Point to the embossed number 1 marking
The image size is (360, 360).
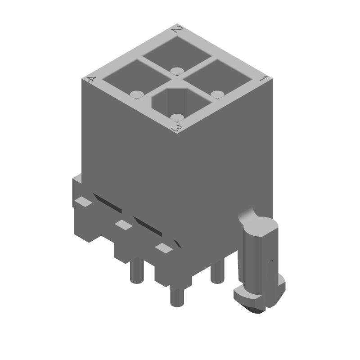coord(264,79)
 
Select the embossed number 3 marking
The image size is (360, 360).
coord(178,129)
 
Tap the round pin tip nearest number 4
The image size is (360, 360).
coord(136,94)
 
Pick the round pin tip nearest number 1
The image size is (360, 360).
coord(218,94)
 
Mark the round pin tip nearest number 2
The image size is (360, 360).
coord(177,70)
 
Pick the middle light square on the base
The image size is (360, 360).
coord(122,224)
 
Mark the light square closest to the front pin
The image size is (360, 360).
coord(163,247)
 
